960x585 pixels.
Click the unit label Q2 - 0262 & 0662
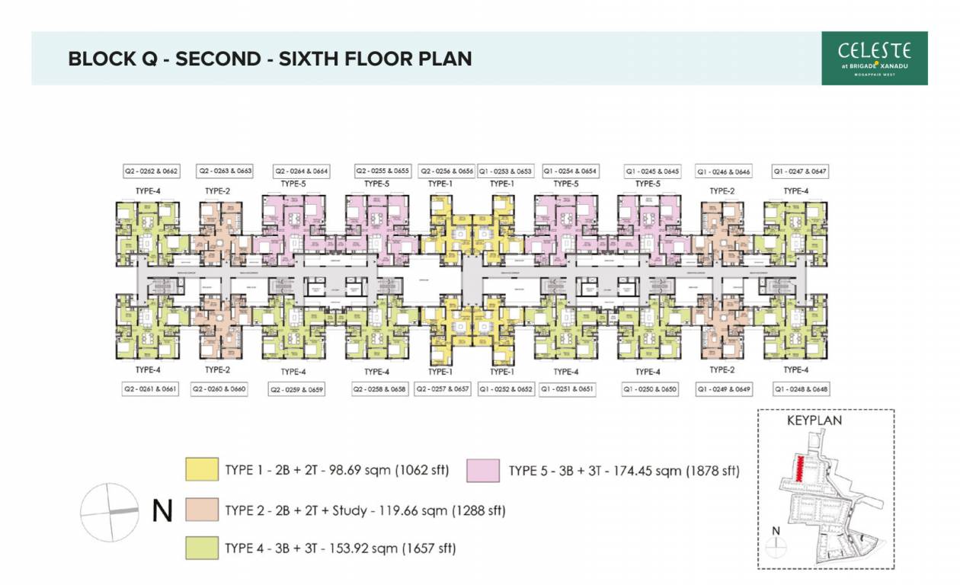coord(150,171)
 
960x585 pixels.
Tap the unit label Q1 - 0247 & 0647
coord(800,171)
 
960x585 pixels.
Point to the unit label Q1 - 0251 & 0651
coord(567,389)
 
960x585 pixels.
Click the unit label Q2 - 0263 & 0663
coord(226,171)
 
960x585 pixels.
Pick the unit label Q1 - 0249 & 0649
coord(724,389)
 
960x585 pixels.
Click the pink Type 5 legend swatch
coord(484,470)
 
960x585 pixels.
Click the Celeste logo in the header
coord(874,58)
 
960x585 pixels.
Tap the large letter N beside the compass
coord(162,511)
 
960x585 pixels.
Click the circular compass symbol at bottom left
coord(110,512)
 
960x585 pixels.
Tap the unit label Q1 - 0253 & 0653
coord(505,171)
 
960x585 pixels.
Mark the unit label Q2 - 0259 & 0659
coord(296,389)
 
